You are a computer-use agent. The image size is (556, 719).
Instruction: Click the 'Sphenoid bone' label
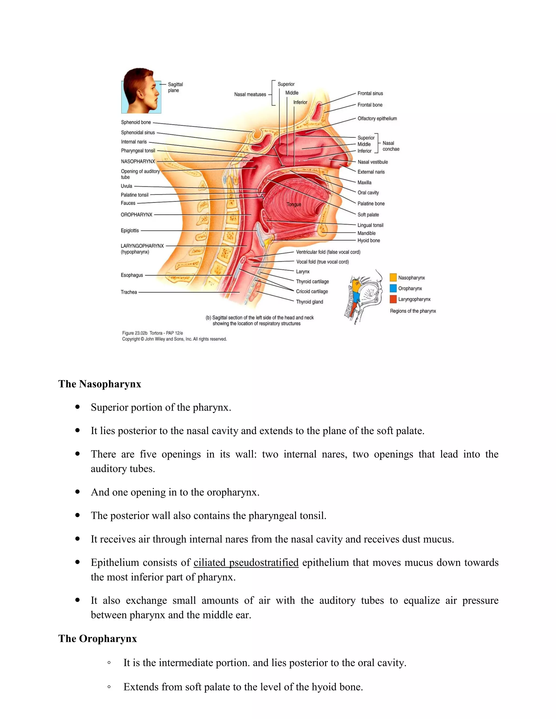(136, 122)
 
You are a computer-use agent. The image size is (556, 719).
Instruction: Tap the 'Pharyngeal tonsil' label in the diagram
(138, 151)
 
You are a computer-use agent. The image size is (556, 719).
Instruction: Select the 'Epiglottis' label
(130, 231)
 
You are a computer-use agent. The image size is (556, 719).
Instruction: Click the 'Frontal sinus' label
(370, 93)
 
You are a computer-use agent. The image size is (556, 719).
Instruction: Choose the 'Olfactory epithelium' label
(377, 118)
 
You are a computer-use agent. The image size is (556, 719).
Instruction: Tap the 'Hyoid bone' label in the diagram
(368, 241)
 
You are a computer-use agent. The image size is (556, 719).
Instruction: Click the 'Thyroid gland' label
(309, 302)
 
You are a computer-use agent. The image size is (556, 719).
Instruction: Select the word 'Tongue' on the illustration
(294, 204)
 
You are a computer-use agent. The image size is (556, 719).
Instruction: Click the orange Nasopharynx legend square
(393, 277)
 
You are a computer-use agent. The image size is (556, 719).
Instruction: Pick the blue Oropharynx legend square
(393, 288)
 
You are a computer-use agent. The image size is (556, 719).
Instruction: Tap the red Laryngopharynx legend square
(393, 299)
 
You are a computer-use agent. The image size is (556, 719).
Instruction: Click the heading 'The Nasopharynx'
(100, 384)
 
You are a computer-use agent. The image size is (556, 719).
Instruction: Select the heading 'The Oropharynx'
(97, 639)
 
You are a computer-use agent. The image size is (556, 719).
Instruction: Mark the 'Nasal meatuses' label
(250, 94)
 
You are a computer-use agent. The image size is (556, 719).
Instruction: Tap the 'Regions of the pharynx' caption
(413, 311)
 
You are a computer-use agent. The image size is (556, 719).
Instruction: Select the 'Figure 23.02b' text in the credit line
(135, 333)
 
